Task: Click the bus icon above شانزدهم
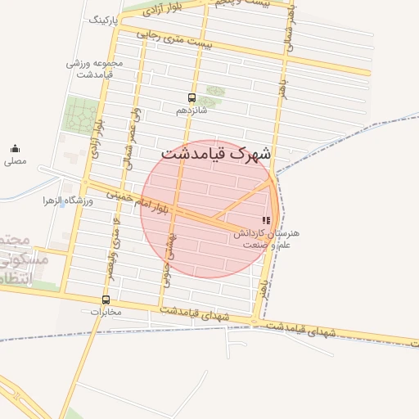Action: click(x=191, y=97)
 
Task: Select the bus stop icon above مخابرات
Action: click(x=105, y=300)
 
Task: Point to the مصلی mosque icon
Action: click(x=15, y=148)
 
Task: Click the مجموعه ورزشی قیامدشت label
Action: click(x=94, y=69)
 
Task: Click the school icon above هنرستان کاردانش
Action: click(x=265, y=220)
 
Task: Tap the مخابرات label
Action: click(x=104, y=312)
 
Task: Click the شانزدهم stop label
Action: click(x=191, y=109)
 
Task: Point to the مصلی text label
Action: click(x=15, y=161)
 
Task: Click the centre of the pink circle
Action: click(x=209, y=209)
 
